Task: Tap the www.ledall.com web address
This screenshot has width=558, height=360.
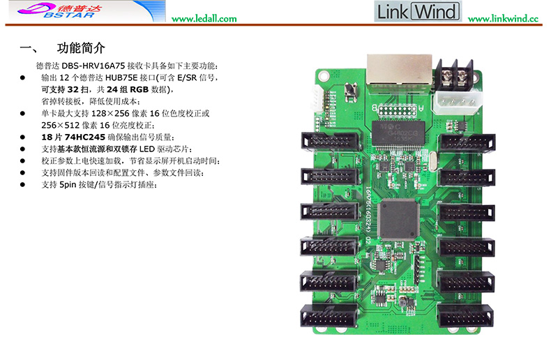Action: point(204,19)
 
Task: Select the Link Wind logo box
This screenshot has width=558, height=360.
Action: point(418,11)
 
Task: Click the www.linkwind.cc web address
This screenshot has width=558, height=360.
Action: point(503,19)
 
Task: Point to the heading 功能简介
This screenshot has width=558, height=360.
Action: point(81,48)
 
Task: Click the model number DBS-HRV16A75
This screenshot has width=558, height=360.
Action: point(93,66)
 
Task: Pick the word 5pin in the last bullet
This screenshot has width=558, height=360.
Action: point(68,185)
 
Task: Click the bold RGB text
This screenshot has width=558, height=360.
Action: point(139,89)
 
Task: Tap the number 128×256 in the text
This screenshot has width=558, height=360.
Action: point(110,114)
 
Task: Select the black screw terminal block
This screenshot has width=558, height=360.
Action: point(455,75)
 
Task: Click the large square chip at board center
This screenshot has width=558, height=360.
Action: point(398,219)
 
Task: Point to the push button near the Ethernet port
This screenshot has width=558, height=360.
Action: point(351,91)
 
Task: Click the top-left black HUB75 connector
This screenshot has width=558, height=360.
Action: point(329,141)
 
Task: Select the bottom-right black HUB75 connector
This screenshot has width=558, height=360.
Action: point(465,315)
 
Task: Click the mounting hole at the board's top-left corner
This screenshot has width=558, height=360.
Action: point(324,76)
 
